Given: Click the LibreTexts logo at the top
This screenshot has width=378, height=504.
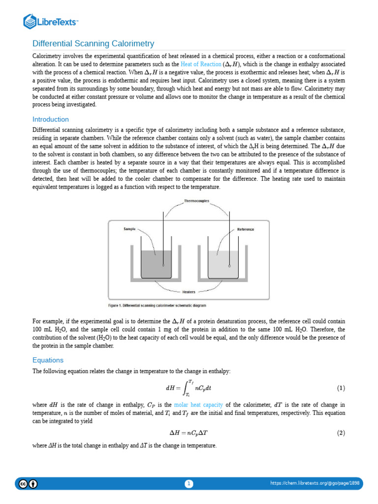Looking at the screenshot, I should [51, 22].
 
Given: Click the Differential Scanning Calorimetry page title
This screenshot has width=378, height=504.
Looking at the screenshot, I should [93, 44].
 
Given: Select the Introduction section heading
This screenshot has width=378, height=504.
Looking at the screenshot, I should [50, 120].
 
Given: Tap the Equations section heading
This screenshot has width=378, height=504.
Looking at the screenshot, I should [48, 360].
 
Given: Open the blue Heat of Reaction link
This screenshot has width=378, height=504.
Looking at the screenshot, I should [201, 64].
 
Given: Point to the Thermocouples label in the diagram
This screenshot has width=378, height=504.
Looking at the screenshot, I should [196, 201].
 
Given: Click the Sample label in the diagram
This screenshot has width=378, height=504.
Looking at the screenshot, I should [129, 229].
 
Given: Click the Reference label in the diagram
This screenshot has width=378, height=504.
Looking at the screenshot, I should [246, 229].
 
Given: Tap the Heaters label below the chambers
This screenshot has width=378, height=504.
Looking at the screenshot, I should [189, 292].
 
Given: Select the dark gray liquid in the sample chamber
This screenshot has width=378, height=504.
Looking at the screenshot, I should [157, 265].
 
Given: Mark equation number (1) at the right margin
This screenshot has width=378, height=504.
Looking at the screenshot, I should [341, 388].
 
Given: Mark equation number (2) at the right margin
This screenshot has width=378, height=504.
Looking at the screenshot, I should [341, 433].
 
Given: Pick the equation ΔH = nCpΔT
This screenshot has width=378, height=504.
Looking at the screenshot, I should [189, 433].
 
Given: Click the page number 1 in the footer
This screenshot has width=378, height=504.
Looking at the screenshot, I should [189, 484].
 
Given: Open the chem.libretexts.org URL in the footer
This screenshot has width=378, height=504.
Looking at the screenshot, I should [315, 484].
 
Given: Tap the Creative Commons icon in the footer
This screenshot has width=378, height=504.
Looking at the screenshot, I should [23, 484].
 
